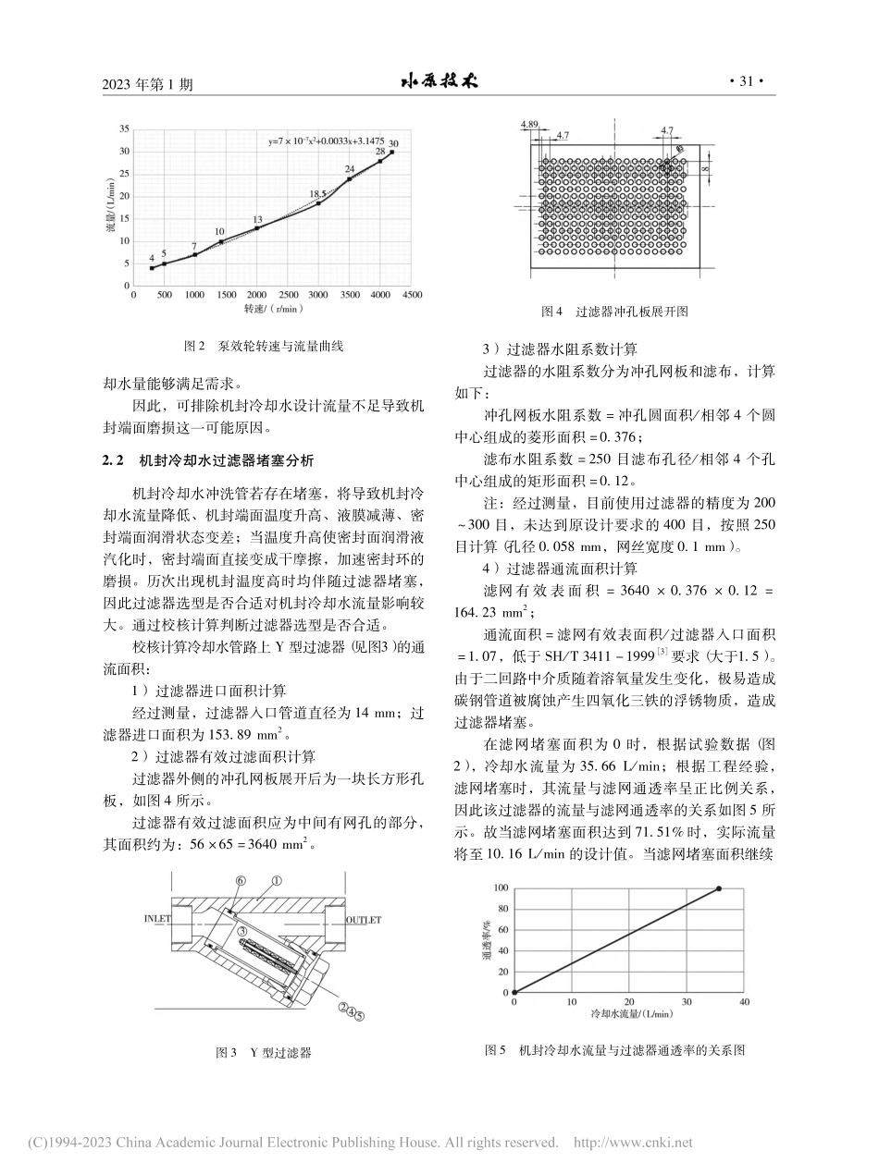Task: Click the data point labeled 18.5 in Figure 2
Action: [x=318, y=202]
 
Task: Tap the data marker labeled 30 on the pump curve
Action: [x=391, y=152]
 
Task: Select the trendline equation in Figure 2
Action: [x=326, y=141]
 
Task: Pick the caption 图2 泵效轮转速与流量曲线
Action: [x=264, y=347]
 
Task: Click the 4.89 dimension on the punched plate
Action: [x=529, y=123]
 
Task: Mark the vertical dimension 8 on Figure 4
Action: [x=704, y=169]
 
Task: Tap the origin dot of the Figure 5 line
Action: [x=514, y=993]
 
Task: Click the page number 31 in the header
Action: [x=746, y=82]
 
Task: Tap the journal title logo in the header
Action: [x=439, y=81]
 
